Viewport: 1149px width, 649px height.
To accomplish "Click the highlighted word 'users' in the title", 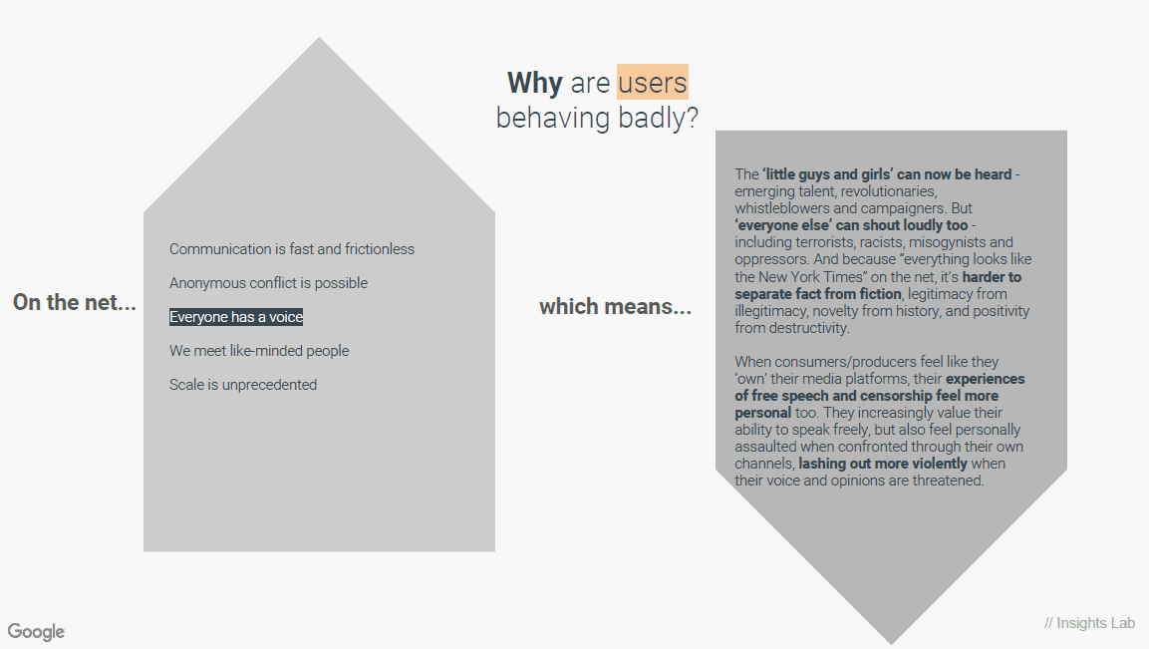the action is pyautogui.click(x=652, y=82).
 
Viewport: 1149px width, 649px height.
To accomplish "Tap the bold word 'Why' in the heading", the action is pyautogui.click(x=535, y=82).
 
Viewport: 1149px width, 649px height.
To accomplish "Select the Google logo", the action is pyautogui.click(x=37, y=631).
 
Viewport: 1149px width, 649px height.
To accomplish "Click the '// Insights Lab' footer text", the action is pyautogui.click(x=1089, y=623).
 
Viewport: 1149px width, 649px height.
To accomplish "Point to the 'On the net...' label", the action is pyautogui.click(x=75, y=302).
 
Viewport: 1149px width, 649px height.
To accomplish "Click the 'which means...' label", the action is pyautogui.click(x=616, y=306).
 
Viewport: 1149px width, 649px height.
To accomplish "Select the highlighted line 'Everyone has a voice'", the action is pyautogui.click(x=236, y=317).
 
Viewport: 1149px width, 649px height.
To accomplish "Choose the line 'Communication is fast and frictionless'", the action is pyautogui.click(x=292, y=249).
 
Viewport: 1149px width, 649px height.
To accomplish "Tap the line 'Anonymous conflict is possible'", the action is pyautogui.click(x=268, y=283).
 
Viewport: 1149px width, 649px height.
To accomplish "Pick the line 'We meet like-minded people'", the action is pyautogui.click(x=259, y=351).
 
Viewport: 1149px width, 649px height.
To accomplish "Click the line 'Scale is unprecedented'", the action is pyautogui.click(x=243, y=384).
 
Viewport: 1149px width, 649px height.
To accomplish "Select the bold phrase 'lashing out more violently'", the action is pyautogui.click(x=883, y=464).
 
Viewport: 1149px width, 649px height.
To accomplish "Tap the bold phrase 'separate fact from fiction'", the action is pyautogui.click(x=818, y=294).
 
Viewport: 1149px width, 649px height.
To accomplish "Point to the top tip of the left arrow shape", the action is pyautogui.click(x=320, y=38).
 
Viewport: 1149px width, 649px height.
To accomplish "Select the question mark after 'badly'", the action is pyautogui.click(x=691, y=118).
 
